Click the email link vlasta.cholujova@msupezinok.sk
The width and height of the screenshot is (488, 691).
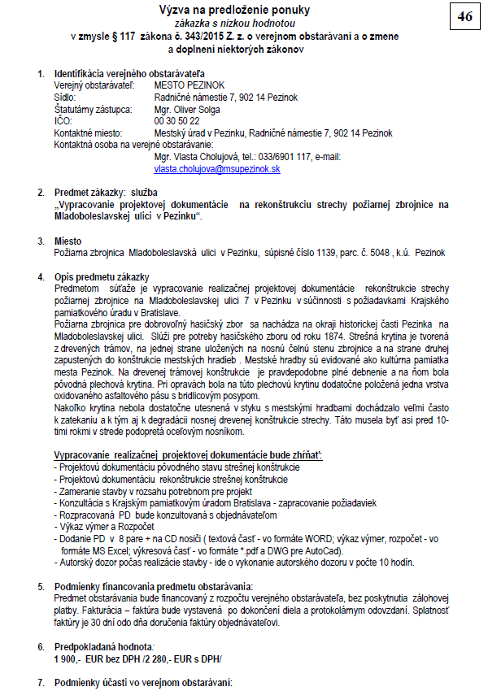(217, 169)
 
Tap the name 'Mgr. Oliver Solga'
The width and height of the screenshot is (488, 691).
(188, 109)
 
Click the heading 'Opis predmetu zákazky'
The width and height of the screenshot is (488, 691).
(102, 276)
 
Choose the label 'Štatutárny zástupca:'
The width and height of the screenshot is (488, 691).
(92, 109)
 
